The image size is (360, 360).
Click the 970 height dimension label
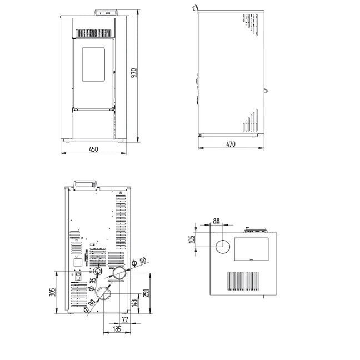[x=134, y=73]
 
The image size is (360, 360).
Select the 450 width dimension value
[x=93, y=149]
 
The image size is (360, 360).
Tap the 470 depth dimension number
[x=231, y=144]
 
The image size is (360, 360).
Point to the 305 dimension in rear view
[x=53, y=292]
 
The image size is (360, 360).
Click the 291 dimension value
[x=146, y=293]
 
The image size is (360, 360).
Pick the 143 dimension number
[x=135, y=303]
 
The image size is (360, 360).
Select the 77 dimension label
[x=124, y=319]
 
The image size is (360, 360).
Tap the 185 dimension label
[x=117, y=329]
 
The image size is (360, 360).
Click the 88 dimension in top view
[x=216, y=221]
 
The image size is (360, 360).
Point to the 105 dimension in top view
[x=192, y=239]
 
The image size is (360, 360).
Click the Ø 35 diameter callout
[x=92, y=284]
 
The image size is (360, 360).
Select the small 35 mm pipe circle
[x=98, y=272]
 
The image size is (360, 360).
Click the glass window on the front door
[x=93, y=64]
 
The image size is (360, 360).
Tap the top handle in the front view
[x=106, y=13]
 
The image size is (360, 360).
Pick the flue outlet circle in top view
[x=222, y=247]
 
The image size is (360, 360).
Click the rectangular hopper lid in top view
[x=252, y=249]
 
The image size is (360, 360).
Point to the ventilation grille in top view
[x=243, y=281]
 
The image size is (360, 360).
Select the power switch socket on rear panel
[x=78, y=277]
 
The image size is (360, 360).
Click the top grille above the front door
[x=93, y=33]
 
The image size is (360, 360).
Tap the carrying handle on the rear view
[x=85, y=185]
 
